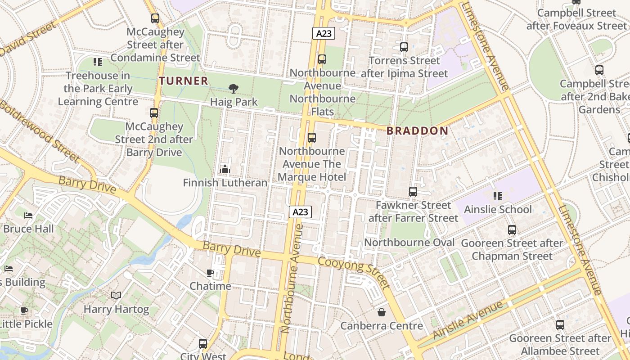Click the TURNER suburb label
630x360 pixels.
pyautogui.click(x=184, y=81)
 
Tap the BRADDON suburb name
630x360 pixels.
pyautogui.click(x=418, y=131)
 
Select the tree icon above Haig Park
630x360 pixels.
pyautogui.click(x=233, y=89)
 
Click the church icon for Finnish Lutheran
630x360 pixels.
pyautogui.click(x=225, y=170)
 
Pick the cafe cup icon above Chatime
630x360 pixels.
pyautogui.click(x=210, y=273)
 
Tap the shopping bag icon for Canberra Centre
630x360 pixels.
pyautogui.click(x=382, y=312)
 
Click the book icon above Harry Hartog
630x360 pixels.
pyautogui.click(x=116, y=296)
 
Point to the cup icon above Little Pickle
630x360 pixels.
pyautogui.click(x=24, y=310)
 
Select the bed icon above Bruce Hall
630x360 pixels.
pyautogui.click(x=28, y=216)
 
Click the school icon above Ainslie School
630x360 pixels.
pyautogui.click(x=497, y=196)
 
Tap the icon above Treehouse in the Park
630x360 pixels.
pyautogui.click(x=98, y=62)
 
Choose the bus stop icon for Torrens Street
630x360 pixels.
pyautogui.click(x=404, y=47)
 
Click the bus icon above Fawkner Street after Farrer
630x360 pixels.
pyautogui.click(x=413, y=192)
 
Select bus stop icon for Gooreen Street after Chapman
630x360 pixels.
pyautogui.click(x=512, y=230)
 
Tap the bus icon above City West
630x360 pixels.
pyautogui.click(x=203, y=344)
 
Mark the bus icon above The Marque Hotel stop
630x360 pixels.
pyautogui.click(x=311, y=138)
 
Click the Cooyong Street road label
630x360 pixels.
pyautogui.click(x=354, y=272)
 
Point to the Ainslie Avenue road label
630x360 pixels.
pyautogui.click(x=468, y=320)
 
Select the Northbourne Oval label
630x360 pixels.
pyautogui.click(x=409, y=243)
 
